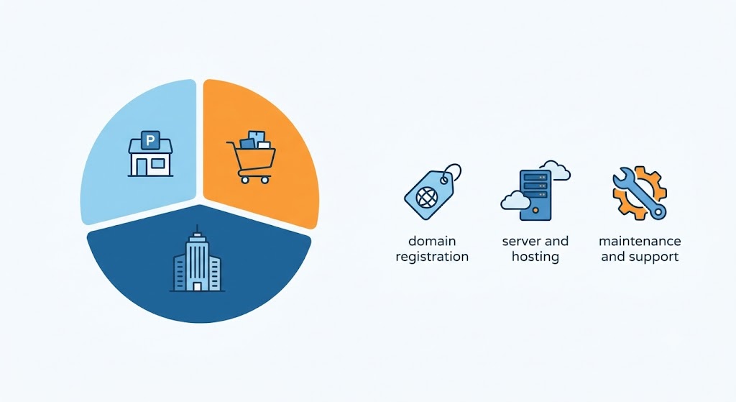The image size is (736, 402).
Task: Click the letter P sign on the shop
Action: pos(150,140)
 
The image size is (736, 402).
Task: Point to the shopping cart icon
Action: pos(251,157)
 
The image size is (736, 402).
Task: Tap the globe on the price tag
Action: pos(426,198)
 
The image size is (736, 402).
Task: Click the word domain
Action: pos(432,241)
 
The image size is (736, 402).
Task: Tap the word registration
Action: pos(432,257)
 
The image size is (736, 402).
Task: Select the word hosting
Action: pos(535,257)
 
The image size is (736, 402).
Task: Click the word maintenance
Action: pos(640,241)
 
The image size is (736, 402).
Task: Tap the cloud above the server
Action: pos(556,170)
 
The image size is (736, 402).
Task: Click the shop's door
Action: pos(142,167)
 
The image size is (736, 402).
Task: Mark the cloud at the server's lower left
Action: pos(515,201)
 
